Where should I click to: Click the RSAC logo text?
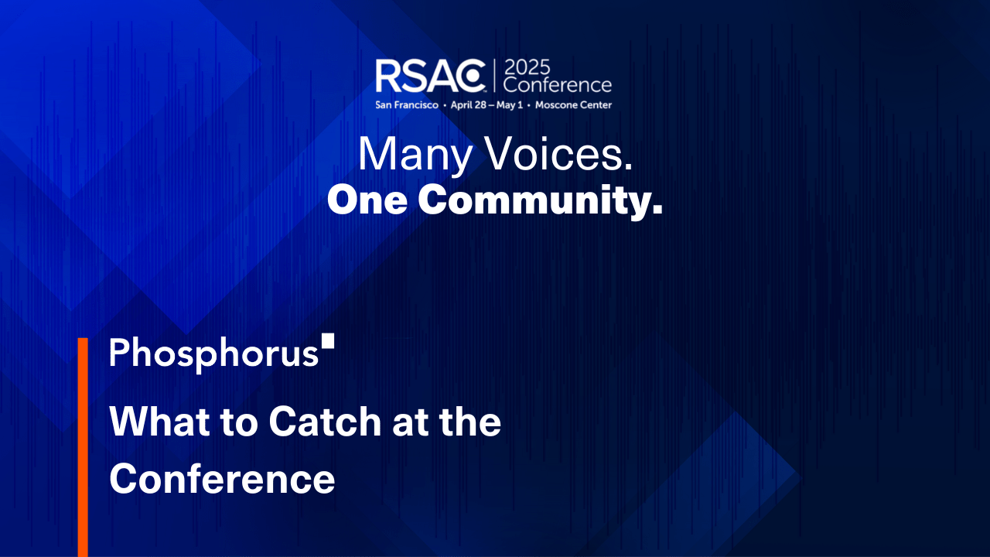click(x=430, y=76)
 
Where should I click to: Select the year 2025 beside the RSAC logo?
click(x=528, y=67)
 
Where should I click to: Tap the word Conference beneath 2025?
click(x=557, y=84)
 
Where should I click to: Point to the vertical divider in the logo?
click(x=493, y=76)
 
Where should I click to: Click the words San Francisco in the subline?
click(x=407, y=104)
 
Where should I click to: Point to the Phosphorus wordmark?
click(x=213, y=354)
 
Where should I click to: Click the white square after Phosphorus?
click(x=328, y=341)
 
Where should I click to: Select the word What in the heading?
click(x=158, y=423)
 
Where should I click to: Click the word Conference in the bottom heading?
click(x=222, y=479)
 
